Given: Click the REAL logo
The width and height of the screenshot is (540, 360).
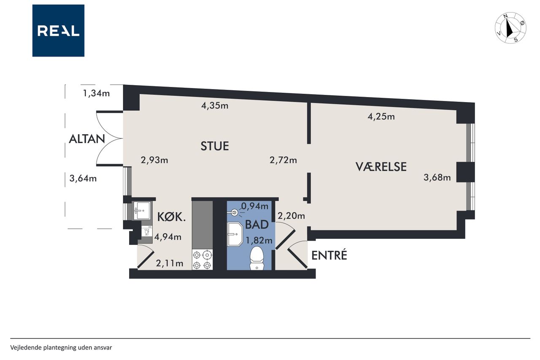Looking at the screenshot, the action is tap(58, 31).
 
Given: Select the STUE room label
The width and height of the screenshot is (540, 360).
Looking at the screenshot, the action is tap(215, 146).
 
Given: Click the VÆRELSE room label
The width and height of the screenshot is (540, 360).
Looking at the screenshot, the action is tap(381, 167).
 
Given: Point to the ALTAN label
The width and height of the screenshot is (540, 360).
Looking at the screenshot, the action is tap(87, 139).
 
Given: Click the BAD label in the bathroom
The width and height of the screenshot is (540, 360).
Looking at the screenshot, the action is tap(257, 225).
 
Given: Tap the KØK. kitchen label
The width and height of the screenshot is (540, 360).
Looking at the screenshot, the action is tap(171, 217).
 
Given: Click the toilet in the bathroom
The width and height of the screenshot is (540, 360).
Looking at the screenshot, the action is tap(257, 258).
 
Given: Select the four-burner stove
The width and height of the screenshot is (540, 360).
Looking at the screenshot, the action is tap(202, 260).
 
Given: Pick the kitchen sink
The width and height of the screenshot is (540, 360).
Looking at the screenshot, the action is tap(142, 211).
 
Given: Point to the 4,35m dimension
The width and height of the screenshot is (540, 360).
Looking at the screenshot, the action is tap(215, 106).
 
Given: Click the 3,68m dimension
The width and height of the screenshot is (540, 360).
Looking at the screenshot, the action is tap(437, 178).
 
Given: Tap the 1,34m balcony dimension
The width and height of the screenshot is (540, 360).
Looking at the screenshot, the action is tap(96, 93).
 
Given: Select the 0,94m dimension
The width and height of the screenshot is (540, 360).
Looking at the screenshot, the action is tap(254, 206).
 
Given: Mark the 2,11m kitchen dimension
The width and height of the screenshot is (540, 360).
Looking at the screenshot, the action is tap(170, 263).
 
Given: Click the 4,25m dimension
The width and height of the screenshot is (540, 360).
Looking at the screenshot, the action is tap(381, 117).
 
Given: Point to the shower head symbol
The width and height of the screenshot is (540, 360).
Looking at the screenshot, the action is tap(234, 213).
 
